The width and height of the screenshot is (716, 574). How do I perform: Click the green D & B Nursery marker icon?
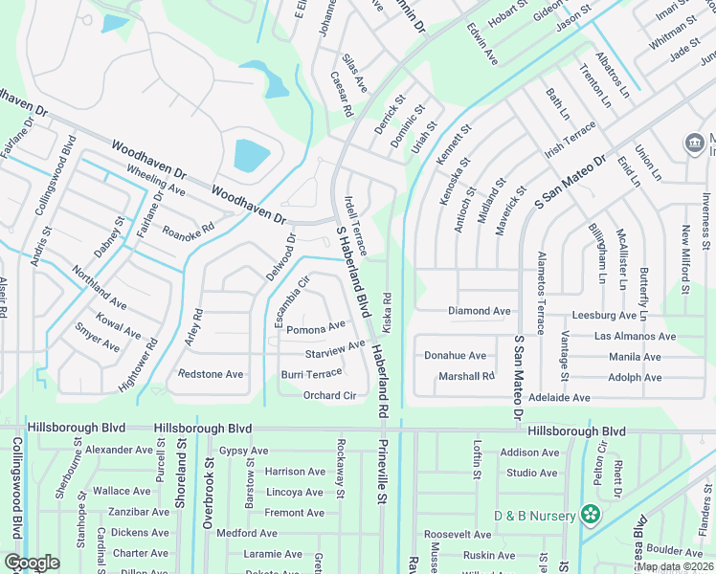point(592,516)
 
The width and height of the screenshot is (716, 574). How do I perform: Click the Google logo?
point(32,562)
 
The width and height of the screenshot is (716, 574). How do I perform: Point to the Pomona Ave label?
point(316,327)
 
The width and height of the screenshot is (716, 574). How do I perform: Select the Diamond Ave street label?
point(480,311)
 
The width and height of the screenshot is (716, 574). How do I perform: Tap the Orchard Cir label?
point(329,395)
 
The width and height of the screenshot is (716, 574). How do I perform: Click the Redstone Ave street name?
point(211,374)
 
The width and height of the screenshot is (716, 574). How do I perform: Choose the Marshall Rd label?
point(466,376)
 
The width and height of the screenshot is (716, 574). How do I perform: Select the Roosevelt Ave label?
point(458,535)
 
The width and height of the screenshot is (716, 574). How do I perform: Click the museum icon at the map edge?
point(694,143)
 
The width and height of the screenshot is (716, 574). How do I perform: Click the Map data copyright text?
point(673,566)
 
